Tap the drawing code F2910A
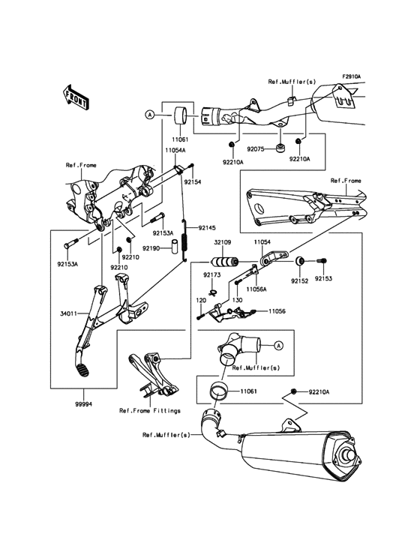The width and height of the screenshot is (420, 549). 352,76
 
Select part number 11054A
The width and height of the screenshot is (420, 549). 176,150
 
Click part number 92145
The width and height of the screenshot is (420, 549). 206,227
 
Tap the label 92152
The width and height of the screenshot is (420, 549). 301,283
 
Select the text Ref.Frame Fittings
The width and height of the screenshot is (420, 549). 150,410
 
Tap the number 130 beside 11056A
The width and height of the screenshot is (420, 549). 238,300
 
